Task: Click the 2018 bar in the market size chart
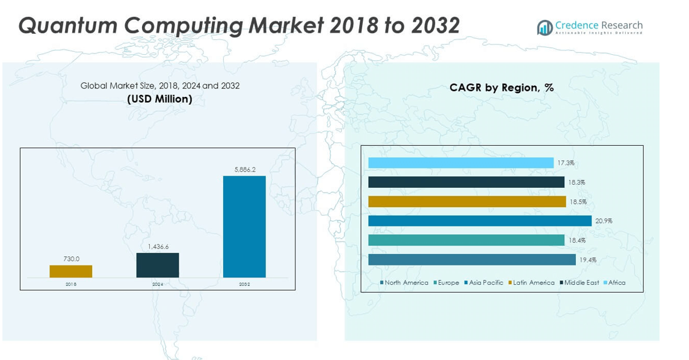tap(71, 272)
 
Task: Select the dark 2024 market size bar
tap(158, 265)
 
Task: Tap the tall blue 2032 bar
tap(244, 226)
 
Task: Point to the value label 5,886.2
tap(244, 170)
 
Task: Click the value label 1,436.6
tap(158, 247)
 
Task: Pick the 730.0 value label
tap(71, 259)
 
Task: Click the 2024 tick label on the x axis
tap(158, 284)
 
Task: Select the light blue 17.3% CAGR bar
tap(460, 163)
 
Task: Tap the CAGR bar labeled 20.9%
tap(480, 221)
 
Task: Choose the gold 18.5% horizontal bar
tap(467, 202)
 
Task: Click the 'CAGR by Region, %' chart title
tap(501, 88)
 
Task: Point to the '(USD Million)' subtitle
tap(159, 99)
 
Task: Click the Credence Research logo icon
tap(545, 28)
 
